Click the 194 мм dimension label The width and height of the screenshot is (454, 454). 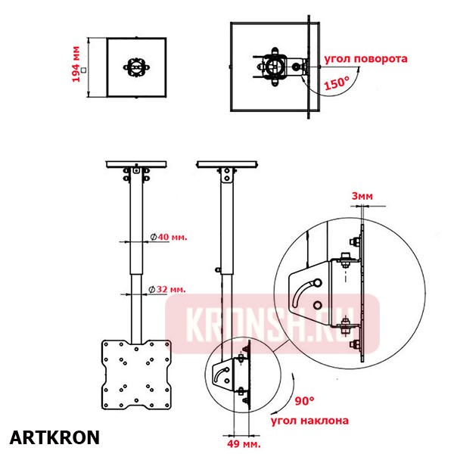pos(76,67)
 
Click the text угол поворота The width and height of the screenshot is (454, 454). pos(365,58)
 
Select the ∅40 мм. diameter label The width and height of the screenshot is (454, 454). pos(168,237)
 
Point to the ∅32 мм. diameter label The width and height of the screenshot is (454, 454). pos(168,290)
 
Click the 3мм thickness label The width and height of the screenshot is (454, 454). pos(362,195)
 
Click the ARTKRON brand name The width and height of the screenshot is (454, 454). pos(54,437)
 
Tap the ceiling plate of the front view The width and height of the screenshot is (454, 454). pos(136,164)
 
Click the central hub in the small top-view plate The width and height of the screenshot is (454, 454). pos(136,66)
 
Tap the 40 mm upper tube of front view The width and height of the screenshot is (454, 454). pos(136,227)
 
